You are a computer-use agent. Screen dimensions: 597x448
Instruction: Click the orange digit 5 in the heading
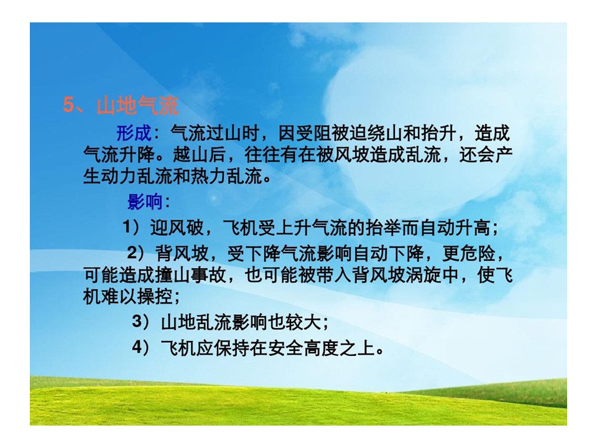point(68,105)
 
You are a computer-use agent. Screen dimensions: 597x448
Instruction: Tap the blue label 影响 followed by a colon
point(149,202)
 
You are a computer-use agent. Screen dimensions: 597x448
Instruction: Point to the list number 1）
point(132,227)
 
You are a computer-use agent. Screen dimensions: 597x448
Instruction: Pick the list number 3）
point(142,322)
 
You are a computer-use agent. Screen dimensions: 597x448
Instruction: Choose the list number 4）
point(142,347)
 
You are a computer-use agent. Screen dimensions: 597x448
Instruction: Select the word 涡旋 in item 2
point(423,274)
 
